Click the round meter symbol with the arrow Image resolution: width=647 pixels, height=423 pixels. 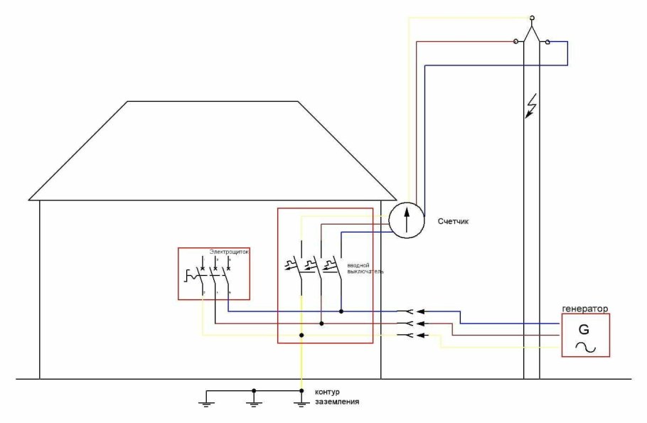click(407, 220)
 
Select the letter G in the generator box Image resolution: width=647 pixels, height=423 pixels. click(584, 330)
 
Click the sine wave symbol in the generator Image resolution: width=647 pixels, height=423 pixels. click(584, 347)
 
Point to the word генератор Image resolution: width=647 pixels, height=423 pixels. click(585, 309)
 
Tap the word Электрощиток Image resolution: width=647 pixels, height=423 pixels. click(228, 252)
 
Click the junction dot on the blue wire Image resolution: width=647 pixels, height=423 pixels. click(341, 311)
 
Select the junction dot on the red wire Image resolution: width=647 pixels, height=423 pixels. click(321, 323)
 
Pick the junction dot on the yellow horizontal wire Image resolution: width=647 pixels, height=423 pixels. click(301, 335)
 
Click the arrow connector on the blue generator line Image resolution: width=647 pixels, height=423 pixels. click(422, 311)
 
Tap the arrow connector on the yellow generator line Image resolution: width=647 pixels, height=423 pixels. click(422, 335)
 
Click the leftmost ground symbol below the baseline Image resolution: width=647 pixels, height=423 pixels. click(206, 403)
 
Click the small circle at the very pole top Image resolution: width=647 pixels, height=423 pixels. click(532, 16)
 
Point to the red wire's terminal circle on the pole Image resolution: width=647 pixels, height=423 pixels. click(516, 41)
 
